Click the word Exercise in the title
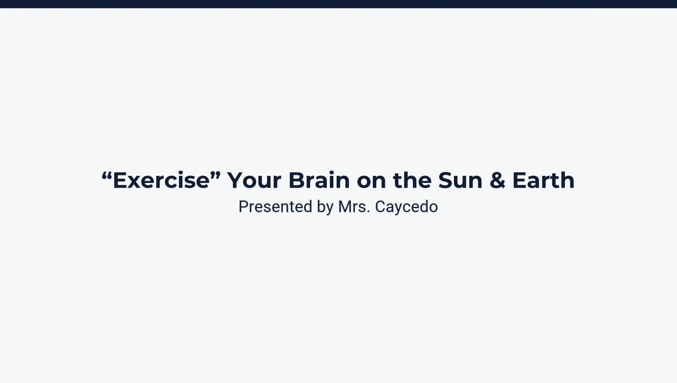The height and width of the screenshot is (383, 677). pyautogui.click(x=161, y=181)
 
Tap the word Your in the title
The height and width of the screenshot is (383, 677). pyautogui.click(x=254, y=181)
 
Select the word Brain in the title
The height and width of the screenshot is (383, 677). pyautogui.click(x=319, y=181)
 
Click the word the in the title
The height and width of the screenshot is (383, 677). pyautogui.click(x=412, y=181)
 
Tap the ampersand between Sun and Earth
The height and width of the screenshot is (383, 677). pyautogui.click(x=497, y=181)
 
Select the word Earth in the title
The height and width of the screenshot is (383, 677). pyautogui.click(x=543, y=181)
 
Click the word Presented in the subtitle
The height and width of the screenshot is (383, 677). pyautogui.click(x=275, y=207)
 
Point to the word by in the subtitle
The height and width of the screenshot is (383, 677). pyautogui.click(x=325, y=207)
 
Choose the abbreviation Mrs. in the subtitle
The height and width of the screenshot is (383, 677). pyautogui.click(x=354, y=207)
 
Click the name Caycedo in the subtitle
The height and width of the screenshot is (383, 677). pyautogui.click(x=406, y=207)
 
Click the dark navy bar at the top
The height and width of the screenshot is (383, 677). pyautogui.click(x=338, y=4)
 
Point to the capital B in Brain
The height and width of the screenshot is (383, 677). pyautogui.click(x=297, y=181)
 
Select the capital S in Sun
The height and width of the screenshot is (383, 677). pyautogui.click(x=445, y=181)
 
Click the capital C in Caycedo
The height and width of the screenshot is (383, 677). pyautogui.click(x=380, y=207)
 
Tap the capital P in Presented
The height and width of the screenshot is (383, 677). pyautogui.click(x=243, y=207)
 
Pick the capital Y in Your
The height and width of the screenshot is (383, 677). pyautogui.click(x=236, y=181)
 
